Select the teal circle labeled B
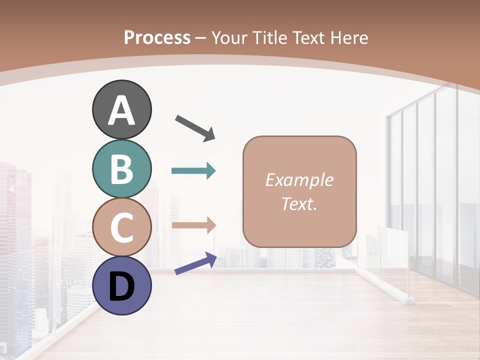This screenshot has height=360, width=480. coord(121,169)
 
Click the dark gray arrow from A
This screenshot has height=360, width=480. coord(195,127)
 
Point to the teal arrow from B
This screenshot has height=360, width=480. coord(193,171)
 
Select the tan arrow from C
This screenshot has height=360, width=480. coord(193,225)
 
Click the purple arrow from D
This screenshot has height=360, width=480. coord(195,263)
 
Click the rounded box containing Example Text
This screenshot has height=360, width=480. coord(299,191)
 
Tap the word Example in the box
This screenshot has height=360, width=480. coord(299,180)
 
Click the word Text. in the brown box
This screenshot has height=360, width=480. coord(299,204)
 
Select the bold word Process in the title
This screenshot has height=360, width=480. coord(157,37)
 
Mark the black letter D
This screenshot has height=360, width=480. coord(121,287)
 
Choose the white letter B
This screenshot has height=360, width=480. coord(121,169)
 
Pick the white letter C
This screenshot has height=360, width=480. coord(121,227)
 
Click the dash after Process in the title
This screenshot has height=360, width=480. coord(201,38)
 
